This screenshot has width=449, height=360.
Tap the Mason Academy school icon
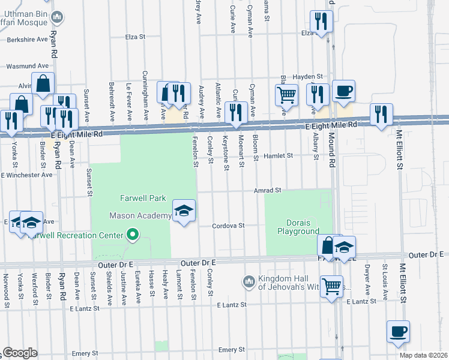[184, 211]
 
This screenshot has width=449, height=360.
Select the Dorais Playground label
[298, 227]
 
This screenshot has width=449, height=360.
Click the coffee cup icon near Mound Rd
[343, 92]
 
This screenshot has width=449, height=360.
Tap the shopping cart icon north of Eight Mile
[286, 95]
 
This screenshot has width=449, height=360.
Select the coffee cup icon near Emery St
[398, 331]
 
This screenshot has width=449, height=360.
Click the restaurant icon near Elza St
[322, 22]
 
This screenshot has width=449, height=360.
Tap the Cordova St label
[229, 226]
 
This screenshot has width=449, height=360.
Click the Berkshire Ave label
[27, 40]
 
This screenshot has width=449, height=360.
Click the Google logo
[20, 353]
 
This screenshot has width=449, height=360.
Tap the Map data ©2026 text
[422, 355]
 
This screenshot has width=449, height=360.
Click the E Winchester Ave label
[27, 175]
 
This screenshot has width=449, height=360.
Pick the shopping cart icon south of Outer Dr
[331, 286]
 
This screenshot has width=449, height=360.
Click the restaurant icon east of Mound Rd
[381, 114]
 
